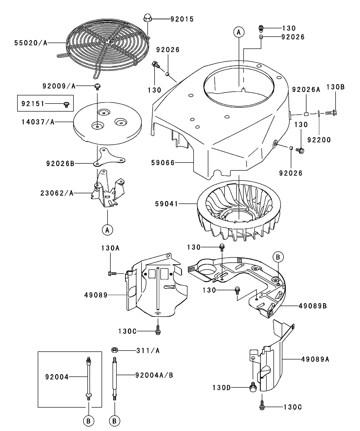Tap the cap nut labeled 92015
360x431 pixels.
(147, 18)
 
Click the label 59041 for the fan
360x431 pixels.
(167, 204)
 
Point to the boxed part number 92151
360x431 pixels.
(33, 104)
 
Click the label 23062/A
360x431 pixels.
(59, 193)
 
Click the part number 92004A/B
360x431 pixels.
(155, 375)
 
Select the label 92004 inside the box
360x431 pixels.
(57, 376)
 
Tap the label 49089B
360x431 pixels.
(313, 306)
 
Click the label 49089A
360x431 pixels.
(315, 359)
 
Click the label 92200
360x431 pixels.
(319, 140)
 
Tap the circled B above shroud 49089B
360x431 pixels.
(278, 257)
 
